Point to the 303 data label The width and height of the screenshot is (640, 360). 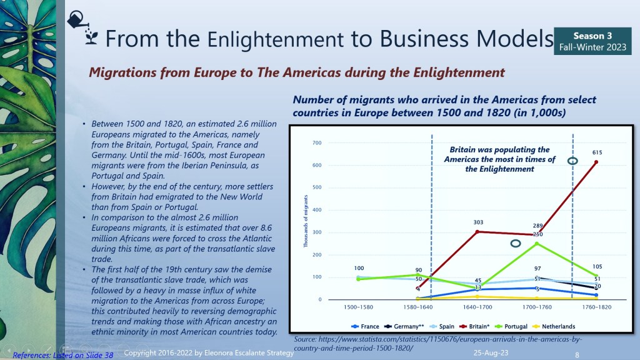[x=443, y=222]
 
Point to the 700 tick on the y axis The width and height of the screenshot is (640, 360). [x=316, y=143]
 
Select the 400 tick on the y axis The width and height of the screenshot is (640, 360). [x=316, y=210]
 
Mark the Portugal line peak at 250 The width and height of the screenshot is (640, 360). [x=536, y=243]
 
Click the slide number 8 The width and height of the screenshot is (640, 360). [x=577, y=354]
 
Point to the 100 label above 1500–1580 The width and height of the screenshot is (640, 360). [x=358, y=268]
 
